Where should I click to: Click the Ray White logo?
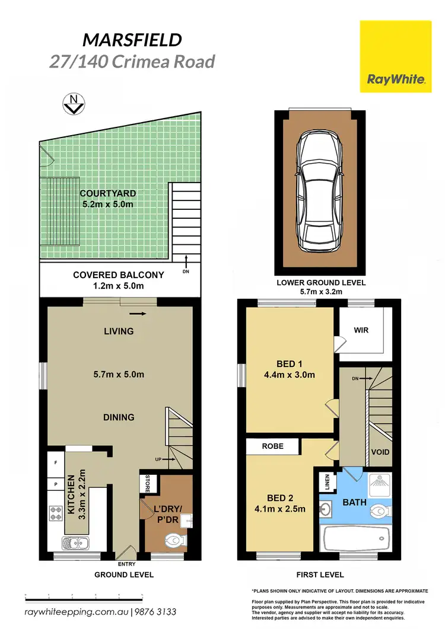click(395, 56)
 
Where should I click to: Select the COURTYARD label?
click(109, 194)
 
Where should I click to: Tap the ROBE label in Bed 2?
click(274, 446)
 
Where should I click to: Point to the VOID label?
click(380, 452)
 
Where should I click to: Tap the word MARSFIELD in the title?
click(131, 41)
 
